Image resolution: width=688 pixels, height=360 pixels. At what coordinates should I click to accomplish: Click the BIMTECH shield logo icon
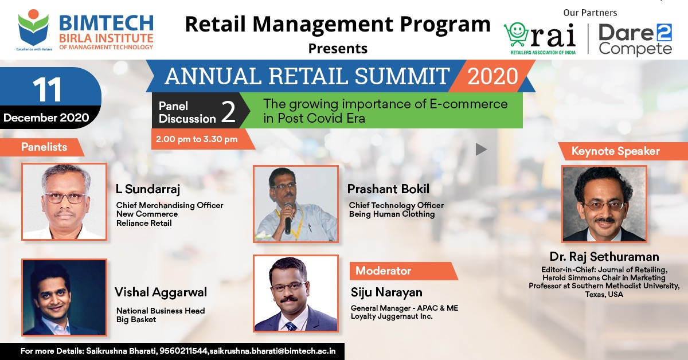pyautogui.click(x=33, y=28)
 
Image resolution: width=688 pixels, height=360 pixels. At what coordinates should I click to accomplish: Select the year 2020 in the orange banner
pyautogui.click(x=492, y=76)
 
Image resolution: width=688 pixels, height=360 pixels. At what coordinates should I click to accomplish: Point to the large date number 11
pyautogui.click(x=47, y=89)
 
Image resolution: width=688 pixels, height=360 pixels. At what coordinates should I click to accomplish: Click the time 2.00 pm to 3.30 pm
pyautogui.click(x=197, y=139)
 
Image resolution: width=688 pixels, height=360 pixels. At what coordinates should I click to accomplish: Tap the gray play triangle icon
pyautogui.click(x=481, y=150)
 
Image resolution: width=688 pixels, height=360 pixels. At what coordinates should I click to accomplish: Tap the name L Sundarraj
pyautogui.click(x=148, y=189)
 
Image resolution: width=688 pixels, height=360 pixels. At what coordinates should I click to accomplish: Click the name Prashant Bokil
pyautogui.click(x=388, y=189)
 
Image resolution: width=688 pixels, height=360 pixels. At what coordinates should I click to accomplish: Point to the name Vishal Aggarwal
pyautogui.click(x=161, y=293)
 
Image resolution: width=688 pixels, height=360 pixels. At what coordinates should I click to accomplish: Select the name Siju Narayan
pyautogui.click(x=386, y=293)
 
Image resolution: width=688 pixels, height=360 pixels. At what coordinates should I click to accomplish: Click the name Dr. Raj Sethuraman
pyautogui.click(x=604, y=257)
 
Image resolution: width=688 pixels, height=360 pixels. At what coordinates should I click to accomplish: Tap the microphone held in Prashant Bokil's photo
pyautogui.click(x=288, y=218)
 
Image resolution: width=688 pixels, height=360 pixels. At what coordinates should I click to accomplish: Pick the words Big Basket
pyautogui.click(x=136, y=320)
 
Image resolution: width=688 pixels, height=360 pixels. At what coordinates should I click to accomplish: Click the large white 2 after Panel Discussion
pyautogui.click(x=228, y=112)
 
